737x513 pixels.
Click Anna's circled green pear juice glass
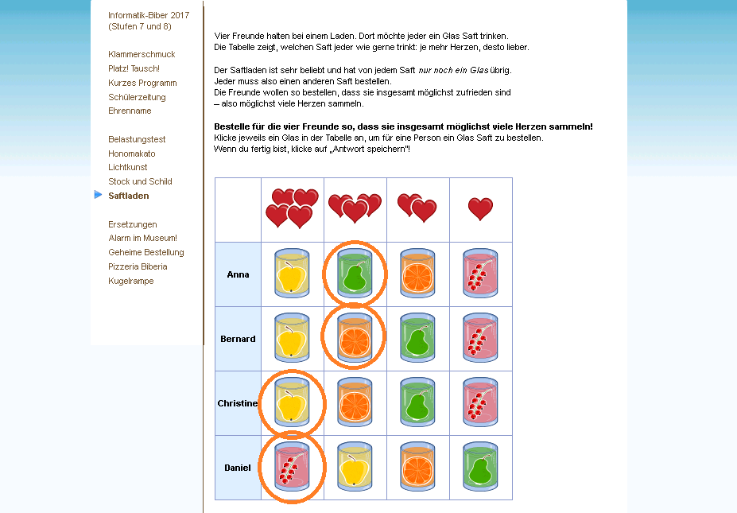pyautogui.click(x=355, y=273)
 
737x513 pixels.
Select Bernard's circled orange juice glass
pyautogui.click(x=355, y=337)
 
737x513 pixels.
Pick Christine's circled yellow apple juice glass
pyautogui.click(x=292, y=402)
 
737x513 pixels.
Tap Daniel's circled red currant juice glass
pyautogui.click(x=292, y=466)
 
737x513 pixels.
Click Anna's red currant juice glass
pyautogui.click(x=480, y=273)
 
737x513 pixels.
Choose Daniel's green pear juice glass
pyautogui.click(x=480, y=466)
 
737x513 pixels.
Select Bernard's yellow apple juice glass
pyautogui.click(x=292, y=337)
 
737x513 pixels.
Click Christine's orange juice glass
pyautogui.click(x=355, y=402)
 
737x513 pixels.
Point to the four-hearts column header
pyautogui.click(x=292, y=208)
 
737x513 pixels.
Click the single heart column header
pyautogui.click(x=480, y=208)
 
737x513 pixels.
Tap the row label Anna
pyautogui.click(x=238, y=274)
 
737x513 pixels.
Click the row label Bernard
pyautogui.click(x=238, y=339)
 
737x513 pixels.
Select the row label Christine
pyautogui.click(x=238, y=403)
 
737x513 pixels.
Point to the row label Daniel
pyautogui.click(x=238, y=468)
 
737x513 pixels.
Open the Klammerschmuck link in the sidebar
pyautogui.click(x=142, y=54)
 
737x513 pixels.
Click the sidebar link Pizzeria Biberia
pyautogui.click(x=138, y=266)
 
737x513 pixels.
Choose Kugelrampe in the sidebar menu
pyautogui.click(x=130, y=282)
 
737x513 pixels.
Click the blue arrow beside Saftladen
pyautogui.click(x=99, y=195)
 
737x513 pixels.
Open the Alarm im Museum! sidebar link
pyautogui.click(x=142, y=238)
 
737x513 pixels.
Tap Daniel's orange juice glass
pyautogui.click(x=417, y=466)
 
